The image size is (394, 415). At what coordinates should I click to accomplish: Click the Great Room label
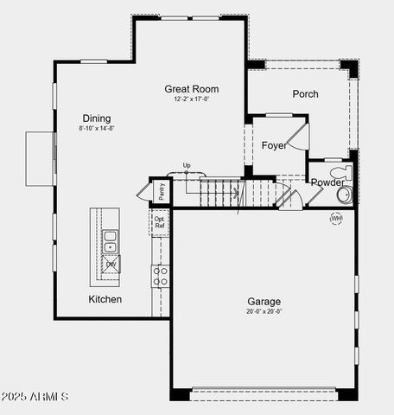[192, 88]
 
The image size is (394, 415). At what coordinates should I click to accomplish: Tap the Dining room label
[97, 118]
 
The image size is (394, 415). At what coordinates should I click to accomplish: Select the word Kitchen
[105, 299]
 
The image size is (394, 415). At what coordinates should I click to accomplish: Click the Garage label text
[264, 302]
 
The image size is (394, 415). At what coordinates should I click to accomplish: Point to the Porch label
[305, 93]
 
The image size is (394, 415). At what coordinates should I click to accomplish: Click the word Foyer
[274, 145]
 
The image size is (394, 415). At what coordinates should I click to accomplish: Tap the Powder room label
[327, 182]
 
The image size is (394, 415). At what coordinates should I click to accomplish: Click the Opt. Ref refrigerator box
[160, 222]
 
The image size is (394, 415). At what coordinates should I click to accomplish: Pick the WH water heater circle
[336, 218]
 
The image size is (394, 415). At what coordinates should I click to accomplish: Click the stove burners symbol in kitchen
[161, 276]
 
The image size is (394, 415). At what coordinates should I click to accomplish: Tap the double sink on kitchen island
[111, 241]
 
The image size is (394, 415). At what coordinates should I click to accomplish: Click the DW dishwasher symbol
[111, 264]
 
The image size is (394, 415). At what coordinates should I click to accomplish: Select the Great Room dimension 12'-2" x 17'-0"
[192, 99]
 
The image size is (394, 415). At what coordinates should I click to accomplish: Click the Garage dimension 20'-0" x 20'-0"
[264, 311]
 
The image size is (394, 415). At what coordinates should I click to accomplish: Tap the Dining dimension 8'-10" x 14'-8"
[97, 128]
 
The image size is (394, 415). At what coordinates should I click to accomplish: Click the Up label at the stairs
[187, 165]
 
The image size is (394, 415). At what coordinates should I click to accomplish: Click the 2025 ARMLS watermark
[35, 396]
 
